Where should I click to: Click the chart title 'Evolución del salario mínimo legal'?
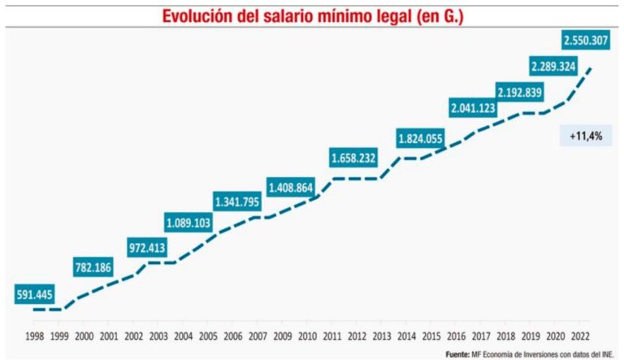coord(311,15)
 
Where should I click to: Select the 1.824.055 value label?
coord(420,138)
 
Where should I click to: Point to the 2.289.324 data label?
coord(558,67)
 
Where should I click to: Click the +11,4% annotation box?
coord(585,136)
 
